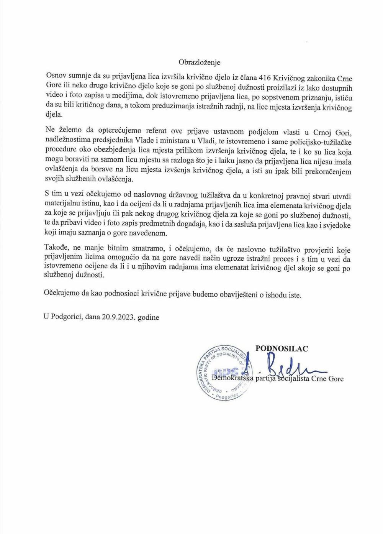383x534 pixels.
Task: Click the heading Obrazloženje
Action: coord(200,62)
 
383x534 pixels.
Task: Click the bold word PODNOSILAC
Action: coord(282,348)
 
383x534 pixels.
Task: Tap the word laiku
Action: coord(223,162)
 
